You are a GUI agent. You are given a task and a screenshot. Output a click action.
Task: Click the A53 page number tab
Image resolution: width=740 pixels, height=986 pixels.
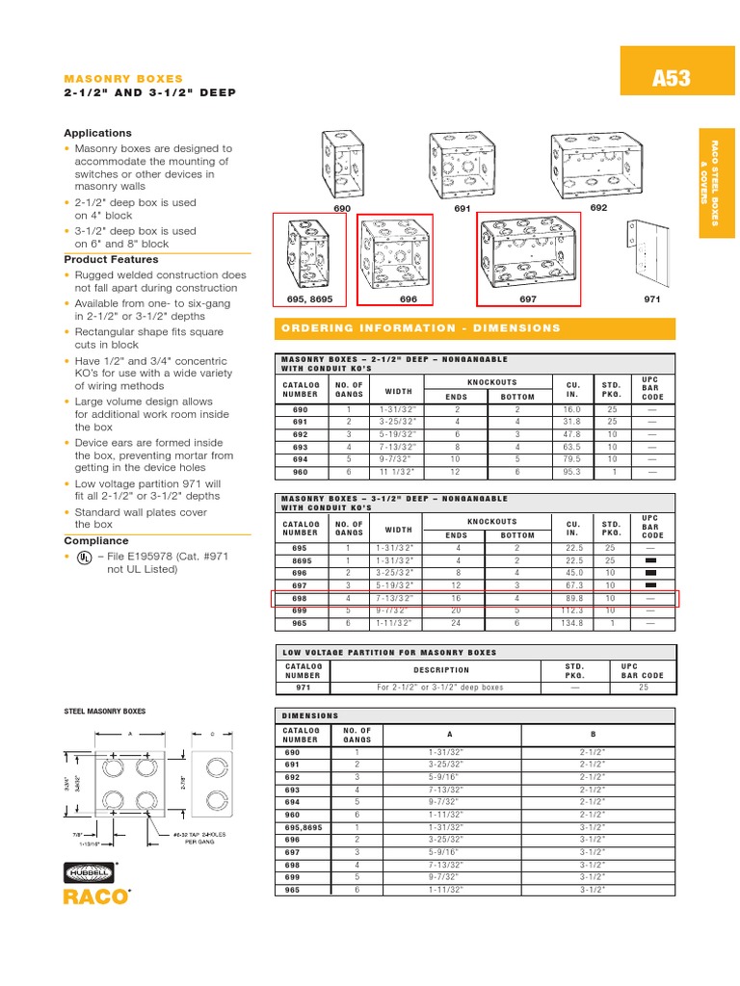tap(671, 78)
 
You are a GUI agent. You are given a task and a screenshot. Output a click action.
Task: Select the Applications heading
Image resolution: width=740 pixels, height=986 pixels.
tap(97, 133)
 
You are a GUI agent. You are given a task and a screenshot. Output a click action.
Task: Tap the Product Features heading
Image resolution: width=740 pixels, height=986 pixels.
tap(111, 259)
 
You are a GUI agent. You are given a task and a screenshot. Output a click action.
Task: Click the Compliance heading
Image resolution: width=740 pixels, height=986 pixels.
tap(95, 541)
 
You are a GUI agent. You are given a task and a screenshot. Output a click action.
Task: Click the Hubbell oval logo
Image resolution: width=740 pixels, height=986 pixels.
tap(89, 872)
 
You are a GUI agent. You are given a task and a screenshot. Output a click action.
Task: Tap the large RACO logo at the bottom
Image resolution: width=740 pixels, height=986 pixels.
tap(94, 897)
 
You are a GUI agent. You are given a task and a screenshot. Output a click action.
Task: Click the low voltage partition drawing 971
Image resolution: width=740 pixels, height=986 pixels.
tap(654, 252)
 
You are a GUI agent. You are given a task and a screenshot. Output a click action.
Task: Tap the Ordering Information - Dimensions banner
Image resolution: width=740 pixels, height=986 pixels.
tap(422, 328)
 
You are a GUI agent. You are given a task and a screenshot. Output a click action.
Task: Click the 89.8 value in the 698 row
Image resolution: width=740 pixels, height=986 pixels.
tap(573, 598)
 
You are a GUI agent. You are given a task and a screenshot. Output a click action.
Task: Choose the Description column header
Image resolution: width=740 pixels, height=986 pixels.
tap(442, 670)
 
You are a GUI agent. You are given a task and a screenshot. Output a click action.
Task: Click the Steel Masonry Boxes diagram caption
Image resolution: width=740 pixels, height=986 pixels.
tap(104, 711)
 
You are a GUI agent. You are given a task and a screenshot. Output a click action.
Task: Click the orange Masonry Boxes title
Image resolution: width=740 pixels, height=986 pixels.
tap(122, 78)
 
